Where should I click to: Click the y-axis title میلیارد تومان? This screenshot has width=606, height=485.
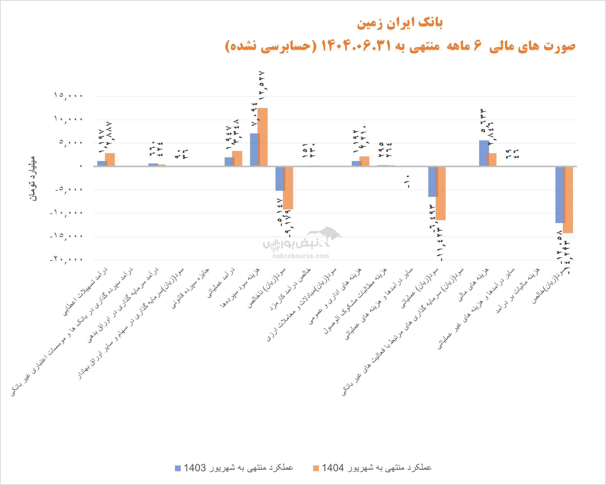tap(33, 178)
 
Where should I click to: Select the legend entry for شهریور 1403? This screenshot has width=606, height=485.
tap(234, 467)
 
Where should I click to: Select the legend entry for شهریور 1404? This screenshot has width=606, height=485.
tap(372, 467)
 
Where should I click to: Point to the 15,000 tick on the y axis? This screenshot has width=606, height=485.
tap(68, 96)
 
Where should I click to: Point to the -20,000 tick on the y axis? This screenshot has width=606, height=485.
tap(66, 260)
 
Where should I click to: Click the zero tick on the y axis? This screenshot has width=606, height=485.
tap(81, 166)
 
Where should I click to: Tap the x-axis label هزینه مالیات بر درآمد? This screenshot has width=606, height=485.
tap(518, 290)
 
